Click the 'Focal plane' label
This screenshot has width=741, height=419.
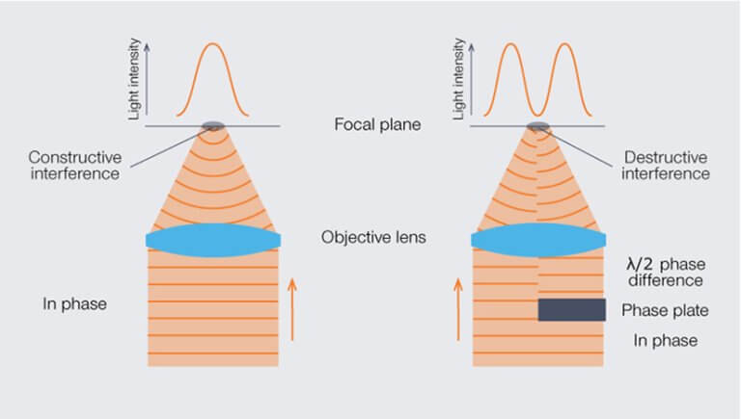click(377, 124)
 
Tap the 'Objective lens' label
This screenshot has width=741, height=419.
click(373, 237)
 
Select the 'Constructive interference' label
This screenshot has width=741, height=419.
click(75, 165)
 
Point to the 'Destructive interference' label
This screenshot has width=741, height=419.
click(666, 165)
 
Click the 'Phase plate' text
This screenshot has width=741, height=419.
click(665, 310)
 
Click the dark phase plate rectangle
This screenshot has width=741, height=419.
click(572, 309)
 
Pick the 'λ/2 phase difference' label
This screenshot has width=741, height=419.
click(666, 273)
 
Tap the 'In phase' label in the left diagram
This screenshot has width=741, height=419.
click(74, 303)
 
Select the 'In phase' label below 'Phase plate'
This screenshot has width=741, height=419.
click(666, 340)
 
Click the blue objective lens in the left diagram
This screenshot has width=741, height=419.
click(213, 240)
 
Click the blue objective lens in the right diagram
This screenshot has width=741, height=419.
click(538, 240)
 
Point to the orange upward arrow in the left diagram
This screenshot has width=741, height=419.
click(292, 309)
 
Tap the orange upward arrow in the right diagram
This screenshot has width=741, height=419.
click(458, 309)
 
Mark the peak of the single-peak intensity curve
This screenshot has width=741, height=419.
click(212, 44)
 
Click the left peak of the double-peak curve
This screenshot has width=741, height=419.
click(511, 44)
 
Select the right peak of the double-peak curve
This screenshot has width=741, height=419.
click(565, 44)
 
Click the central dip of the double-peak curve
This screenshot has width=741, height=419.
click(537, 116)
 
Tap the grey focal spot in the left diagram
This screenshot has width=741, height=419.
click(212, 125)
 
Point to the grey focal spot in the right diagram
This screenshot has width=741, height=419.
click(537, 125)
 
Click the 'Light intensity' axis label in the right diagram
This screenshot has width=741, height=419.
click(459, 79)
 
